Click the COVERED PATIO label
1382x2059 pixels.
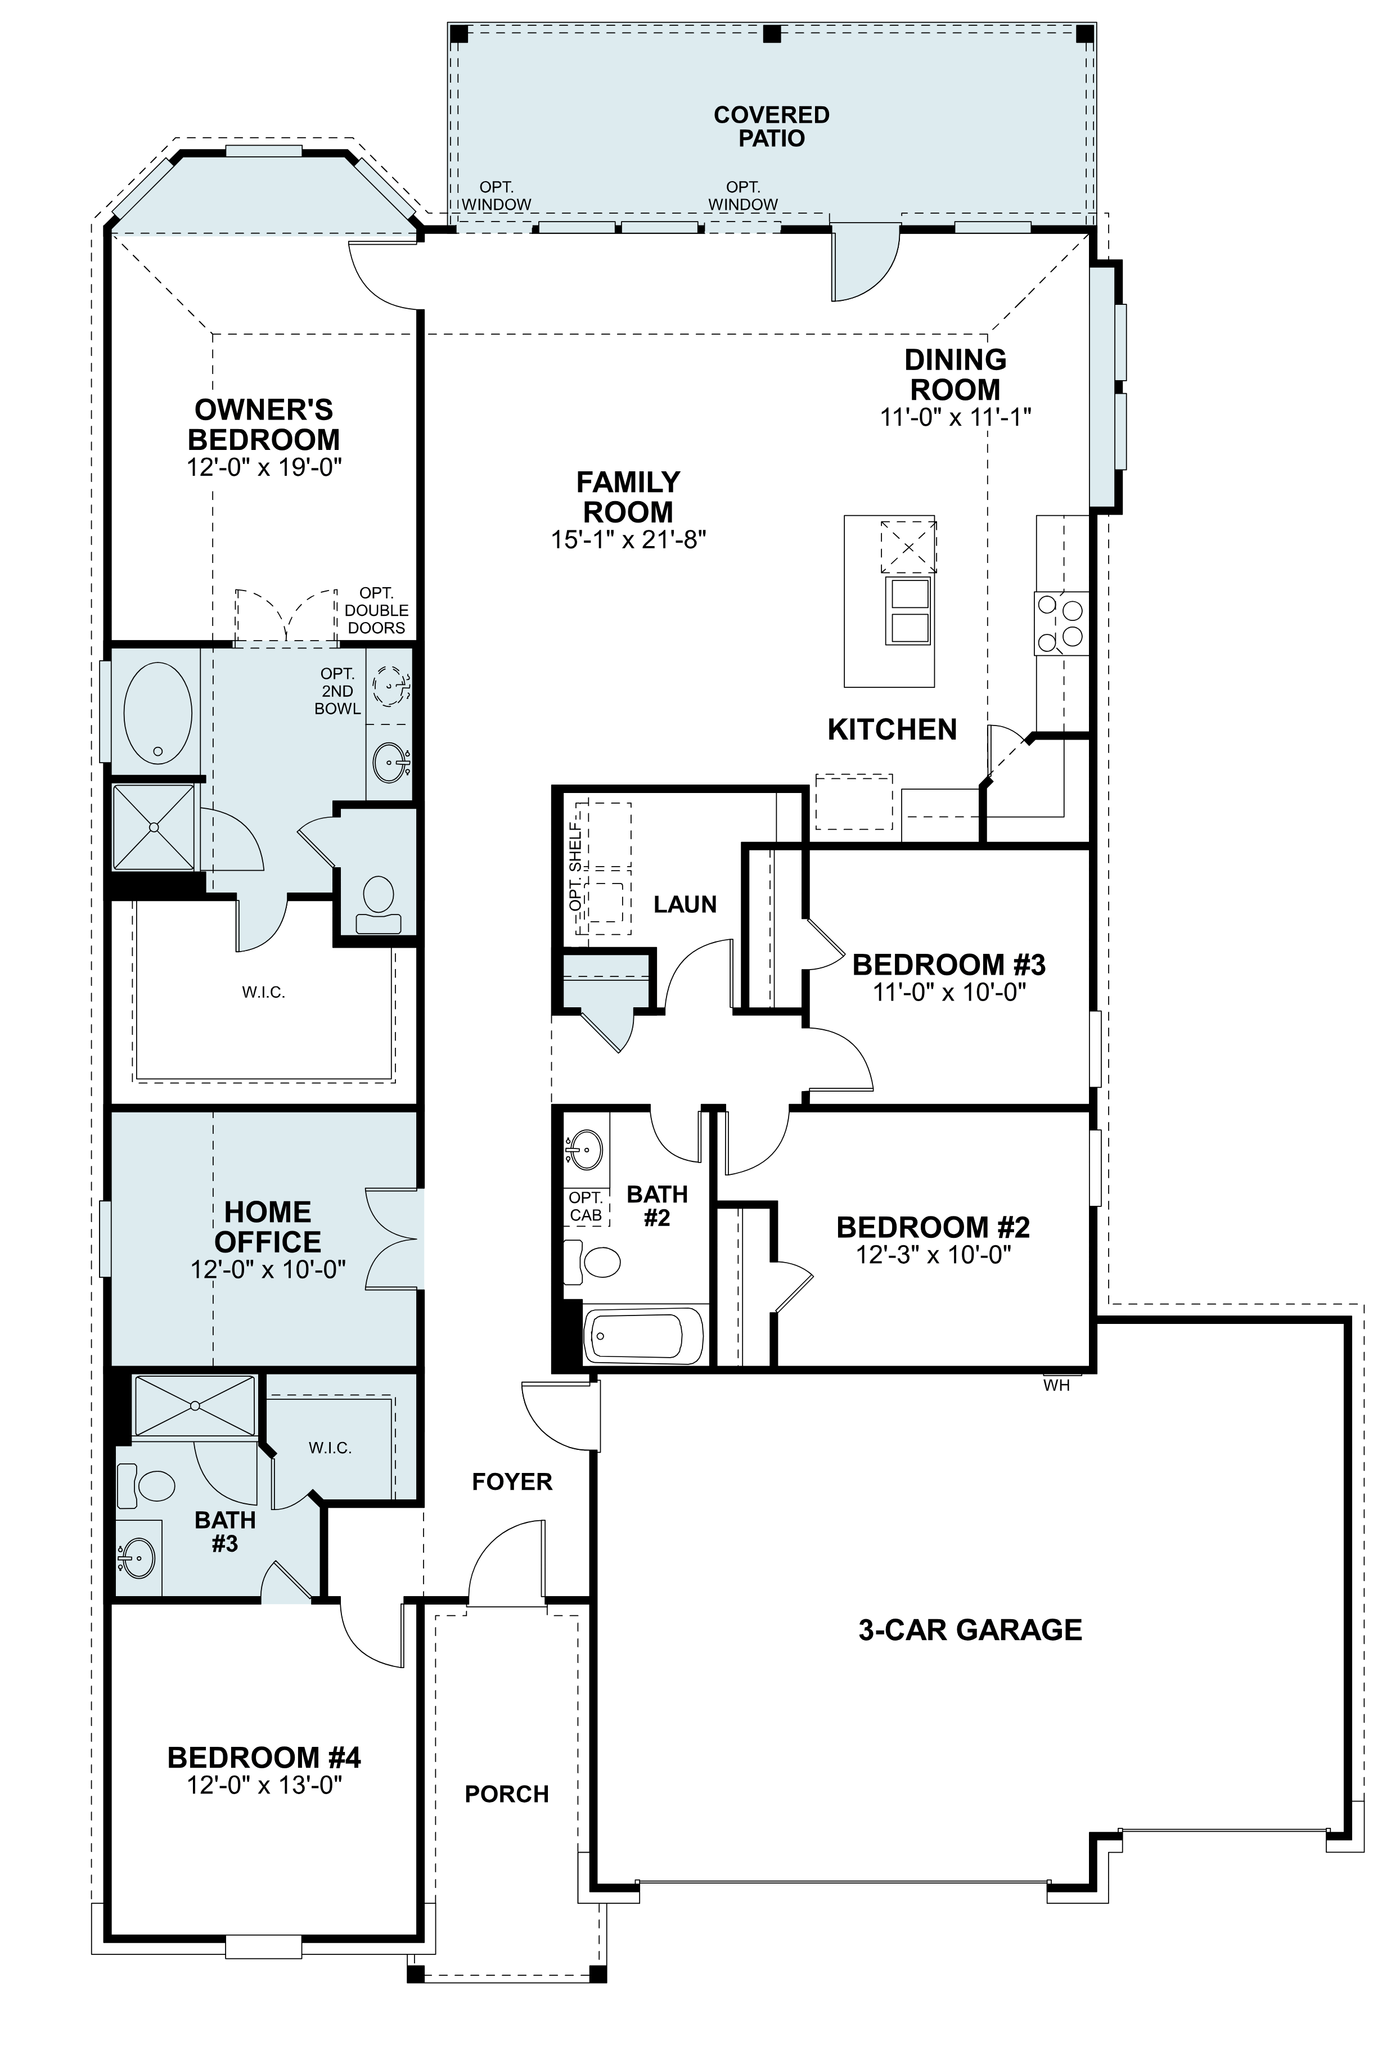tap(771, 126)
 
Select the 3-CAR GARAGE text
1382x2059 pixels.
tap(970, 1630)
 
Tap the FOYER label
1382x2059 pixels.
tap(511, 1481)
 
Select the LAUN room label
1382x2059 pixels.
tap(685, 904)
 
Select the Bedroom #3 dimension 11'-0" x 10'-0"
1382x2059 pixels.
tap(949, 993)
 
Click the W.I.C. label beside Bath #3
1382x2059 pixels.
tap(331, 1448)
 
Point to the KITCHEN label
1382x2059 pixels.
tap(892, 729)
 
